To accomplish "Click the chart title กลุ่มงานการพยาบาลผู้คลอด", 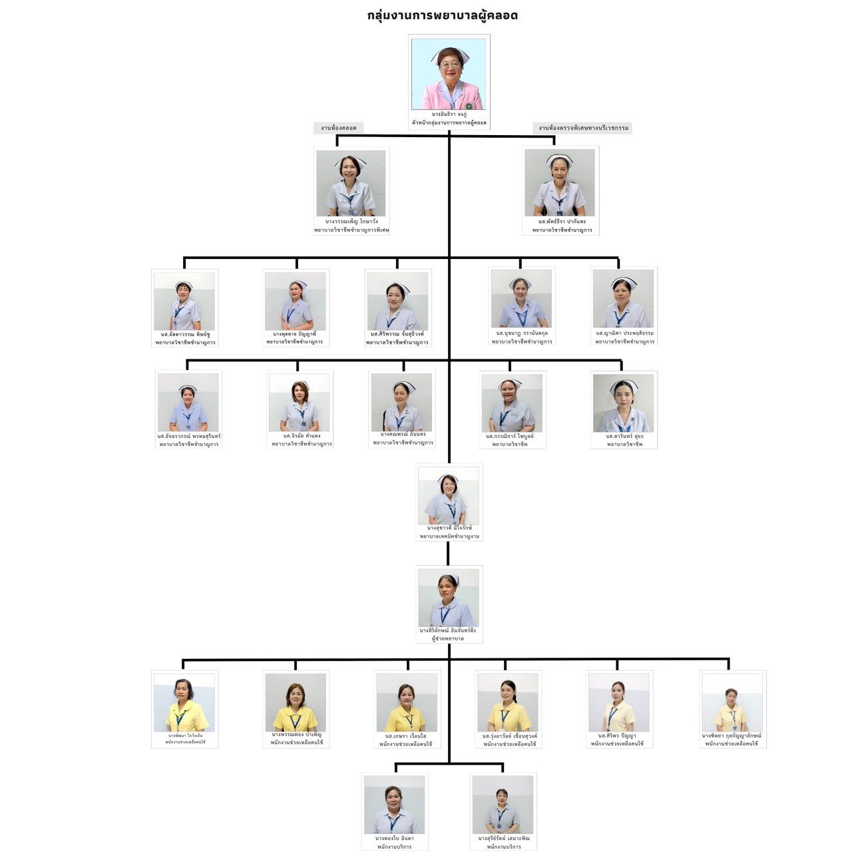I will coord(442,15).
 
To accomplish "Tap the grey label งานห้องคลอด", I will coord(338,128).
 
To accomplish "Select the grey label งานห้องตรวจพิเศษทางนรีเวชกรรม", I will coord(582,128).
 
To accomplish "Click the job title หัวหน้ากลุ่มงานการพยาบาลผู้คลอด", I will coord(449,123).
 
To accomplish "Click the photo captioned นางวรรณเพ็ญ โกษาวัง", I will coord(351,182).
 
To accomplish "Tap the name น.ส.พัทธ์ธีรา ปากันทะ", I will coord(562,222).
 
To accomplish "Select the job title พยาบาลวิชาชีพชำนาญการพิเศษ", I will coord(351,230).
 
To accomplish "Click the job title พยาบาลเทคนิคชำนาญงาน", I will coord(449,536).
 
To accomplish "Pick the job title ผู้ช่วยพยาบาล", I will coord(449,638).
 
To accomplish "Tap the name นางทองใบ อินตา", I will coord(394,838).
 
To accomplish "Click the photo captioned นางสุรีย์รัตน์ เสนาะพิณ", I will coord(503,804).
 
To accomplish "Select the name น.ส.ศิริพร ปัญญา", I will coord(617,736).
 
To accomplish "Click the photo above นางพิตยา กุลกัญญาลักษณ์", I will coord(732,702).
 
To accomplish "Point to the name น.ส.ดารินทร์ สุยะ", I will coord(624,436).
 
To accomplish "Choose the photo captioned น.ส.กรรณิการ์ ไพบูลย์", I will coord(512,402).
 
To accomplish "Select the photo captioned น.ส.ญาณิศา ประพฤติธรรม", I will coord(624,298).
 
